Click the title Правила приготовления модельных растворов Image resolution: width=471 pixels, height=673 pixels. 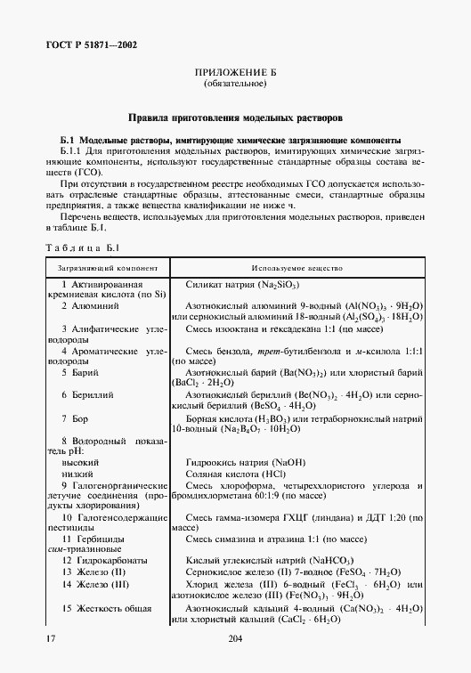[x=234, y=118]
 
